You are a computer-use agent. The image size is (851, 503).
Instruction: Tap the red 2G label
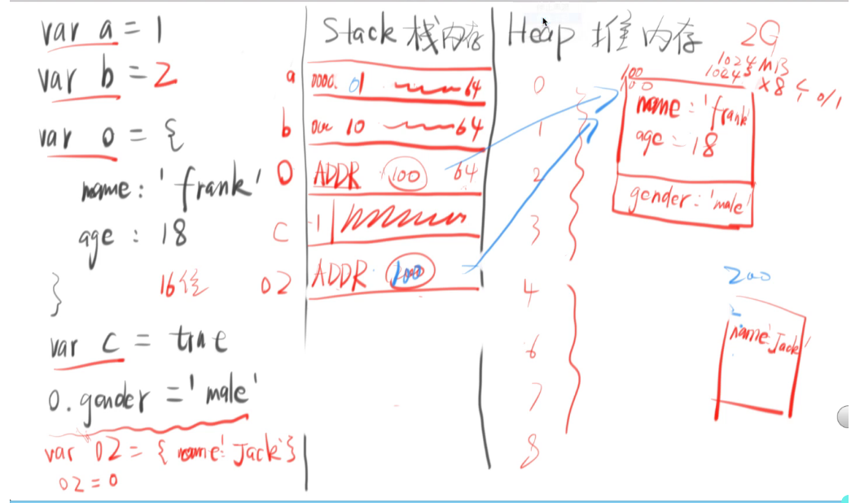click(761, 33)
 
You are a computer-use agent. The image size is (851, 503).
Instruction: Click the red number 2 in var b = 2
click(164, 77)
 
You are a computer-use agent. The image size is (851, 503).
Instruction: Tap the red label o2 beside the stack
click(276, 285)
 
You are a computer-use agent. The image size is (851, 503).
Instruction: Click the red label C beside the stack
click(280, 234)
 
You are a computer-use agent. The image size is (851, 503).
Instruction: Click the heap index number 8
click(533, 449)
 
